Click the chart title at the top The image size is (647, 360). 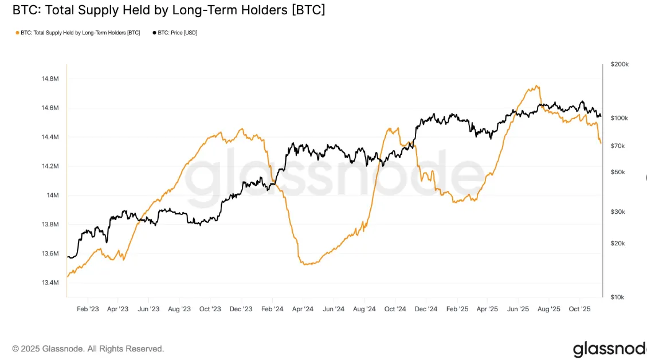point(168,10)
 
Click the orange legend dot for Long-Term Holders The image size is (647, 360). point(17,33)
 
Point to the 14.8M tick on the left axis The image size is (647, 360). point(50,79)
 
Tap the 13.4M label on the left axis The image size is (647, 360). point(50,283)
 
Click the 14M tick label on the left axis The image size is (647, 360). point(53,195)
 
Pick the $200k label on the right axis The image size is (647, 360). point(619,64)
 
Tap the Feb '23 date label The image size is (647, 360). point(87,308)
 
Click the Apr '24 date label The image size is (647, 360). point(302,308)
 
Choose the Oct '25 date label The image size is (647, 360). point(579,308)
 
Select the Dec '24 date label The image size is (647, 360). point(426,308)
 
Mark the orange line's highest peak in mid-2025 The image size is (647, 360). point(537,86)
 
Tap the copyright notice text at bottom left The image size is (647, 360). point(88,349)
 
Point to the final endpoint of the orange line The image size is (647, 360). point(601,143)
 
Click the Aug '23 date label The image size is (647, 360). point(179,308)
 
